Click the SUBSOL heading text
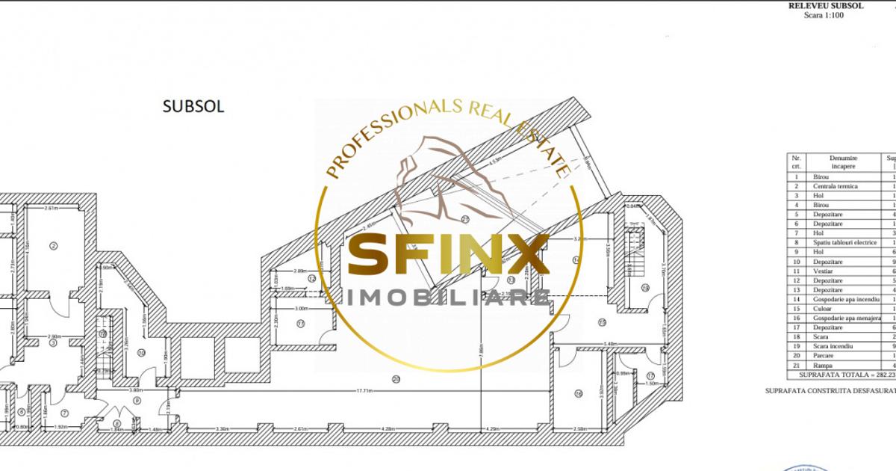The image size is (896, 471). pyautogui.click(x=193, y=106)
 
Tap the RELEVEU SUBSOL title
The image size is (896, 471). pyautogui.click(x=826, y=5)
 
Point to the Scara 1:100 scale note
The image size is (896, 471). pyautogui.click(x=824, y=15)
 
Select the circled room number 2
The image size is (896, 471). pyautogui.click(x=54, y=245)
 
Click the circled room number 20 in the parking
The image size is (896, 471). pyautogui.click(x=396, y=379)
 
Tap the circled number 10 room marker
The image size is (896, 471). pyautogui.click(x=140, y=352)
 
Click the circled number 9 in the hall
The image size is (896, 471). pyautogui.click(x=137, y=400)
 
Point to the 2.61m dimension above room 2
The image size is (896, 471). pyautogui.click(x=51, y=208)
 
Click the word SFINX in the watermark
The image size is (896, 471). pyautogui.click(x=448, y=256)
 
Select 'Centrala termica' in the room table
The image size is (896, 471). pyautogui.click(x=836, y=186)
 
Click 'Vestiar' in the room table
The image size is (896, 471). pyautogui.click(x=821, y=271)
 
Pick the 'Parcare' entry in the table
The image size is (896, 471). pyautogui.click(x=822, y=356)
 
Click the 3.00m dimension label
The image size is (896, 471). pyautogui.click(x=301, y=308)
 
